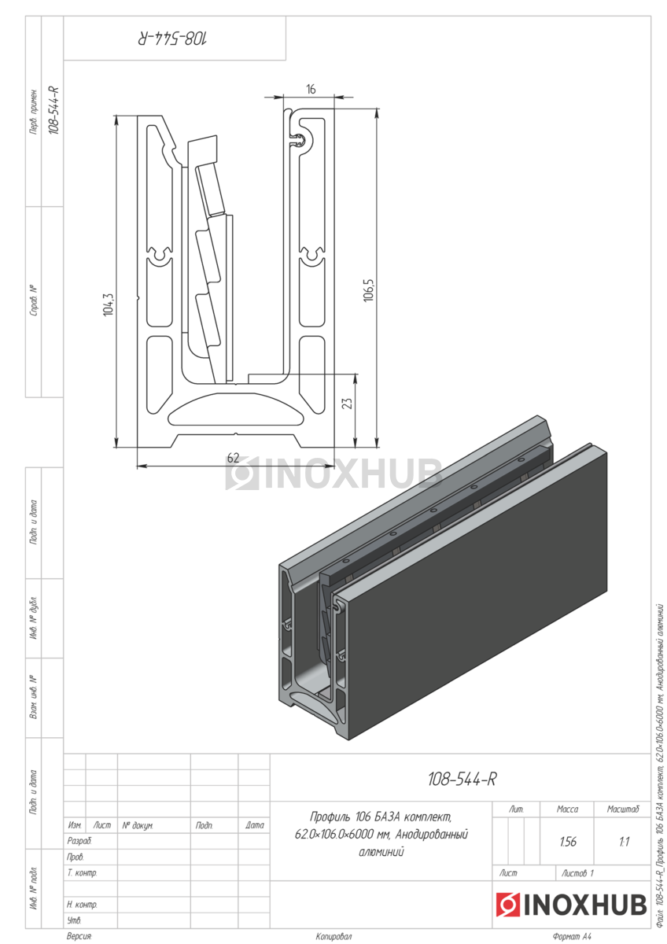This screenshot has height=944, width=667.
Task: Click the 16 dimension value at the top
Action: pyautogui.click(x=311, y=90)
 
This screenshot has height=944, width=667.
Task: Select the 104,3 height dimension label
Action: pyautogui.click(x=109, y=304)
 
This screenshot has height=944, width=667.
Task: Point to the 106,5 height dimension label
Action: pyautogui.click(x=369, y=290)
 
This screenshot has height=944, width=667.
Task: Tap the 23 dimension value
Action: pyautogui.click(x=347, y=404)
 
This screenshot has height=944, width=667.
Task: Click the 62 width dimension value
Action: pyautogui.click(x=233, y=458)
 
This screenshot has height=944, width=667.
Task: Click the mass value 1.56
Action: pyautogui.click(x=568, y=842)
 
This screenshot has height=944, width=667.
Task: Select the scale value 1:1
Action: pyautogui.click(x=624, y=842)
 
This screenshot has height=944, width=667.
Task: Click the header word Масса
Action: pyautogui.click(x=567, y=809)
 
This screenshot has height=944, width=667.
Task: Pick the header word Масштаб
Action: pyautogui.click(x=623, y=809)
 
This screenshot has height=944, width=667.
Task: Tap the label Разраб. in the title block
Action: pyautogui.click(x=79, y=841)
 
